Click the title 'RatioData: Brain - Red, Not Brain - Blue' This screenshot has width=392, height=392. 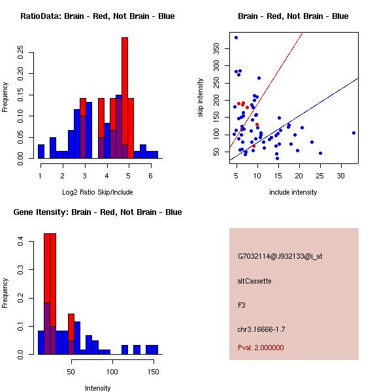click(x=97, y=16)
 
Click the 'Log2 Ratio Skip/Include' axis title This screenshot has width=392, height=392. click(x=97, y=191)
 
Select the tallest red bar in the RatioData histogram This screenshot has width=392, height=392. click(x=124, y=98)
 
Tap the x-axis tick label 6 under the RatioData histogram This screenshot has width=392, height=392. click(x=150, y=176)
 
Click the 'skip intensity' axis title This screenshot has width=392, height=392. click(x=201, y=98)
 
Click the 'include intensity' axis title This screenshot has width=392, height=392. click(x=293, y=192)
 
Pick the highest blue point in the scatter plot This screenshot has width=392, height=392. click(x=236, y=37)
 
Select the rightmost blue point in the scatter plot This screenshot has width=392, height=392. click(x=353, y=133)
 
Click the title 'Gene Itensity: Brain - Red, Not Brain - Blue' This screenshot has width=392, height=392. click(x=97, y=212)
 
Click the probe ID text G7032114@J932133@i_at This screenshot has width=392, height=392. click(x=280, y=256)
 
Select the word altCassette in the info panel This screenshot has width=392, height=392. click(x=255, y=281)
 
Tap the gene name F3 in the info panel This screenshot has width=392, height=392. click(x=242, y=305)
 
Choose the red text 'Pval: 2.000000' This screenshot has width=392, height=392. click(x=261, y=348)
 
